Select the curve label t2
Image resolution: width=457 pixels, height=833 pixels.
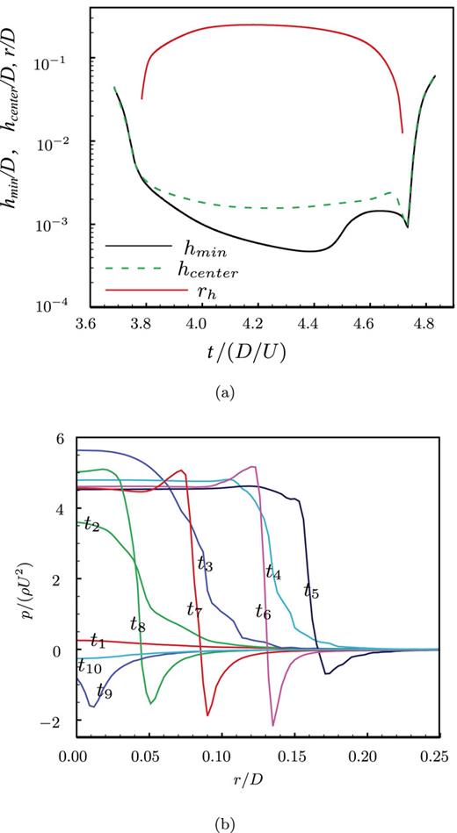coord(91,524)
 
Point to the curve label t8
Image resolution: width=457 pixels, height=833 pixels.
coord(137,625)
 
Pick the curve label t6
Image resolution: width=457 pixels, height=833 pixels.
coord(263,612)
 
